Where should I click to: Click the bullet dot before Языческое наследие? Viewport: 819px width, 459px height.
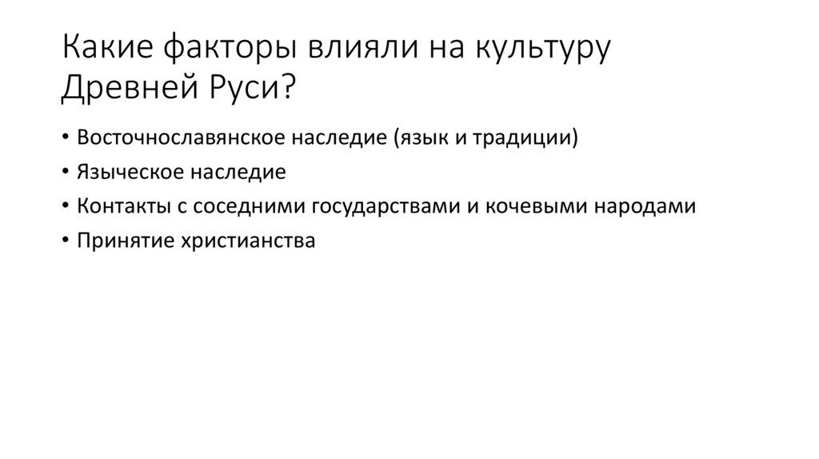coord(65,172)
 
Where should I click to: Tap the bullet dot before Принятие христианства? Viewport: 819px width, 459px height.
coord(65,241)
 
